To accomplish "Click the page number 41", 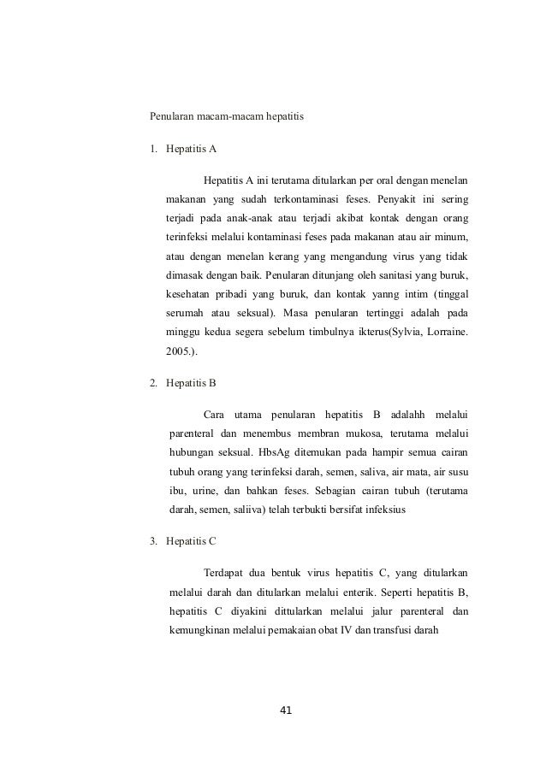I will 286,710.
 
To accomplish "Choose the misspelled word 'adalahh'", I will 407,415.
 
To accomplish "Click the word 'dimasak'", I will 187,276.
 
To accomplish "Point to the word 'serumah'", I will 187,315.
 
